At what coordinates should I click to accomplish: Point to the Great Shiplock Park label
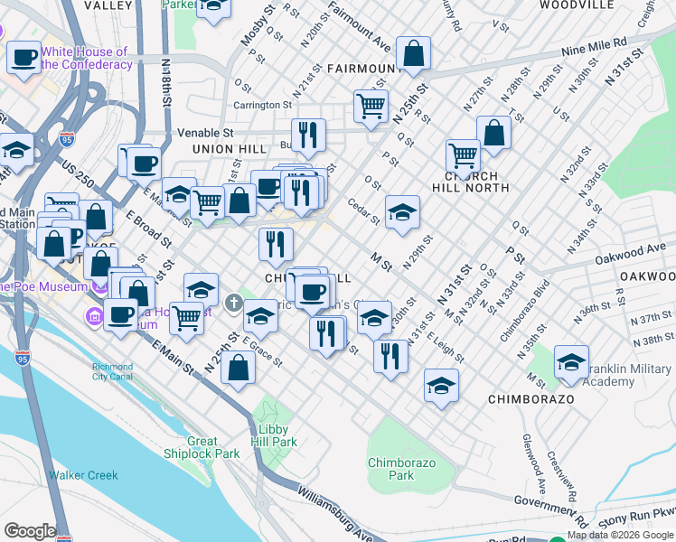pyautogui.click(x=202, y=447)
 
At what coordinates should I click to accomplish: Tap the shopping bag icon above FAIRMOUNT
pyautogui.click(x=413, y=53)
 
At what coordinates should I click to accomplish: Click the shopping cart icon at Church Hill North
pyautogui.click(x=463, y=154)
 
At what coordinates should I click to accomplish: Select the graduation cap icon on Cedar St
pyautogui.click(x=402, y=212)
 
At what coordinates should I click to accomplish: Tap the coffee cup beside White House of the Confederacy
pyautogui.click(x=24, y=57)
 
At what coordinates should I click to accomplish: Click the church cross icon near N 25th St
pyautogui.click(x=234, y=303)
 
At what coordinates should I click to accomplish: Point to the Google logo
pyautogui.click(x=29, y=531)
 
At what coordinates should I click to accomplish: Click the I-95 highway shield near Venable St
pyautogui.click(x=66, y=138)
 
